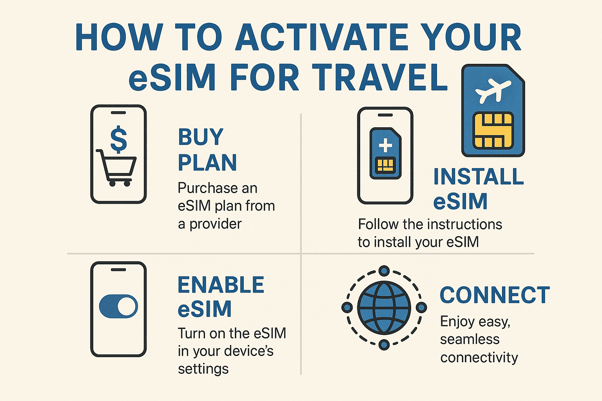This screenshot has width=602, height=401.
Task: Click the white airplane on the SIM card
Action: tap(493, 90)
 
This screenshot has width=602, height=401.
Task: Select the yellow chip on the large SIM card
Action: tap(493, 130)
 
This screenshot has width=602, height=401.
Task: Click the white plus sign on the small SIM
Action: tap(385, 145)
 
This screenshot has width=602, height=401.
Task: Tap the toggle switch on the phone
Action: tap(118, 306)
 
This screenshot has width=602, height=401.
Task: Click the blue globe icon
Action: tap(384, 307)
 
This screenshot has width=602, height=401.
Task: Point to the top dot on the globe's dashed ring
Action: tap(384, 271)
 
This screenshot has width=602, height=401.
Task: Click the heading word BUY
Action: tap(201, 137)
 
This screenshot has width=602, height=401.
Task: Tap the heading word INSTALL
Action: tap(479, 177)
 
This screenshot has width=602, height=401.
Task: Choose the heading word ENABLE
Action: tap(221, 285)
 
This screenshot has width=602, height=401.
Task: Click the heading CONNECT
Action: tap(495, 295)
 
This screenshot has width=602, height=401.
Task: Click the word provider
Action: tap(216, 224)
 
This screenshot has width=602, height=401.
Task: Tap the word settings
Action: tap(203, 369)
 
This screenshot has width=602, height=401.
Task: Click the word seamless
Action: tap(470, 339)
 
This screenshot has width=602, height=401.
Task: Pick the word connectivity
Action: tap(479, 357)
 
